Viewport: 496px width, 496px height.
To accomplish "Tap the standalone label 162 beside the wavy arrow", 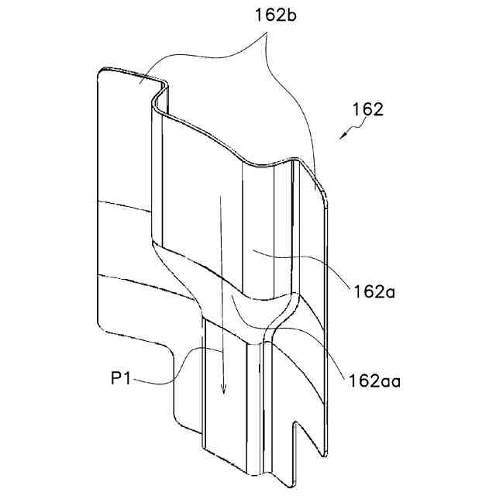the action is (367, 109).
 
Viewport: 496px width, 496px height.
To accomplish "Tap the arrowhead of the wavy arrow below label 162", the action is (341, 138).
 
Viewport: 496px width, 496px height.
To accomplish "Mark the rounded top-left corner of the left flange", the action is (101, 74).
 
